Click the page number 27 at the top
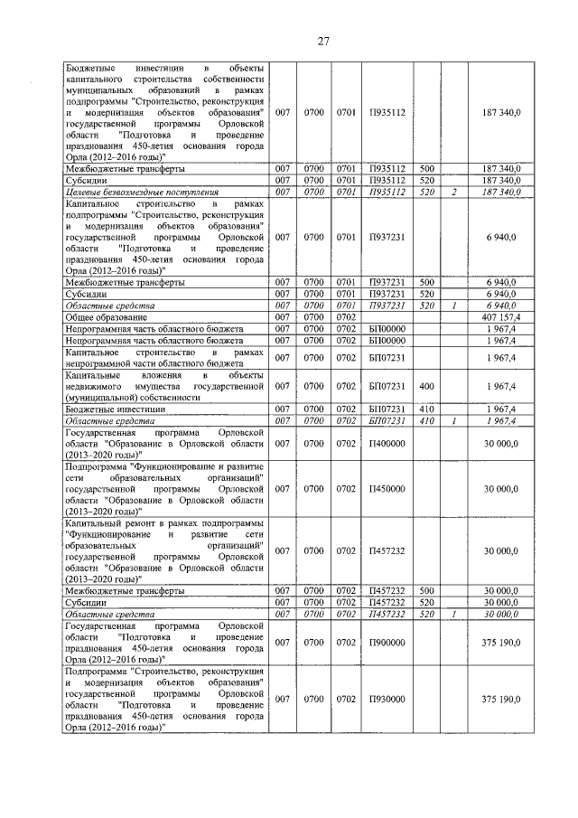click(x=322, y=40)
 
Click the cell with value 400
click(x=427, y=386)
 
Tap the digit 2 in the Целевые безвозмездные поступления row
click(x=455, y=192)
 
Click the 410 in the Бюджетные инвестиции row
click(x=427, y=409)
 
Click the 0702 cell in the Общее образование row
click(x=346, y=316)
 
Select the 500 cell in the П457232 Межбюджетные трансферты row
click(x=427, y=590)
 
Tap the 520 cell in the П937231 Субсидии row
click(x=427, y=294)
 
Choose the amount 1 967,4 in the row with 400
click(x=502, y=386)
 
